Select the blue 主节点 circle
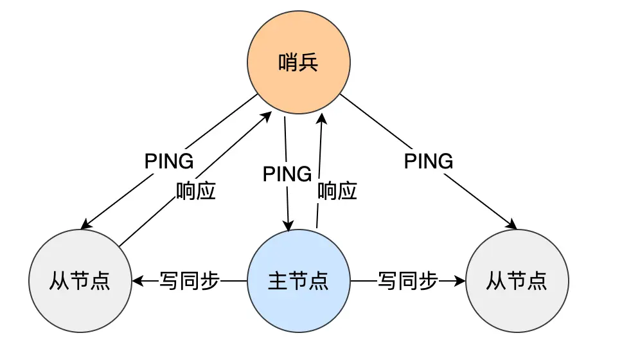298,281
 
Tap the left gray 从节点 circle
80,281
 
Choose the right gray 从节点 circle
517,281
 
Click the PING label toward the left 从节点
169,161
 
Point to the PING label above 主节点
287,174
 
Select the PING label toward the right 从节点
429,161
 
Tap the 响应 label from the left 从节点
196,191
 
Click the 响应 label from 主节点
337,191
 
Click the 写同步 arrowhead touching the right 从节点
460,281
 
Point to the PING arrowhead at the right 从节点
513,225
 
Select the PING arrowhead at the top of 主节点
289,226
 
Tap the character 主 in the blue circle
278,281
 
